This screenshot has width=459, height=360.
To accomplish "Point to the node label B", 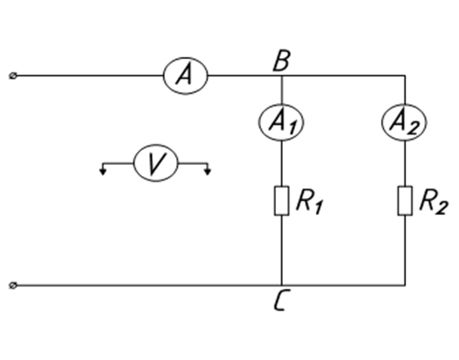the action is coord(282,61).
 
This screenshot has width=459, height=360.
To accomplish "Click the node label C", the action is coord(282,299).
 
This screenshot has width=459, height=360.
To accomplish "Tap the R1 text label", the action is coord(310,202).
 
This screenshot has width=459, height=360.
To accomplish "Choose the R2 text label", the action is coord(434,202).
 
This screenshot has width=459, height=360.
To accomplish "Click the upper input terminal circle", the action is coord(13,75).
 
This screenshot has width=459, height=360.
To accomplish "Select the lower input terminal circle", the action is coord(13,285).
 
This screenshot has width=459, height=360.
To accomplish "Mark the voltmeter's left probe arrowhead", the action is coord(102,172).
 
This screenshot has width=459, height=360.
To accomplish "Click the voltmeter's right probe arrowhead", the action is coord(207,172).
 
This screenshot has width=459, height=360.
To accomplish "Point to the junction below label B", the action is coord(282,75).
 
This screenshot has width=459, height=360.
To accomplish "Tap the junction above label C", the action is coord(282,285).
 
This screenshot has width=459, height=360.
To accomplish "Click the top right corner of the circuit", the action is coord(405,75).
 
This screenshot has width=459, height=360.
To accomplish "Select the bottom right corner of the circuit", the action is coord(405,285).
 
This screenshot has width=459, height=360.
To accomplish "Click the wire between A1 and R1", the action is coord(282,163).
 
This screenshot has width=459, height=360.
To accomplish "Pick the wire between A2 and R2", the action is coord(405,163).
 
